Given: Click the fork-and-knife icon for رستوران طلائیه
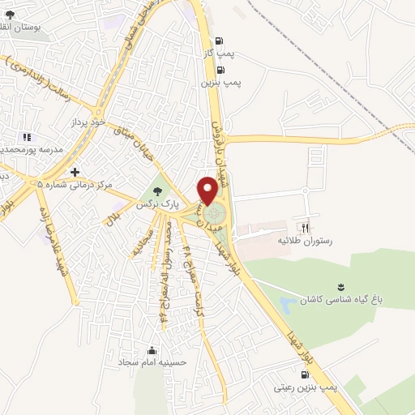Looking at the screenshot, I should click(x=306, y=228).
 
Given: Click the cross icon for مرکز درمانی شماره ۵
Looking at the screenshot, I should click(x=75, y=173).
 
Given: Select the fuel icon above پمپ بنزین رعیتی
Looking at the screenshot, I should click(x=303, y=375).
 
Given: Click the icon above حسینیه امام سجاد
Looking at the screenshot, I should click(x=152, y=351).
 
